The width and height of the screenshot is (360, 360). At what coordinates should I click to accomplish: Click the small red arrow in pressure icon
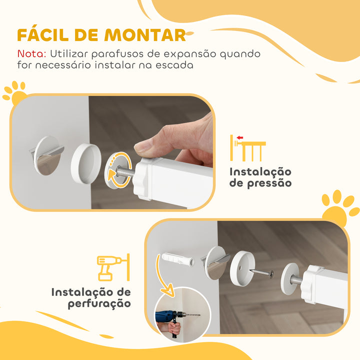click(x=240, y=138)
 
